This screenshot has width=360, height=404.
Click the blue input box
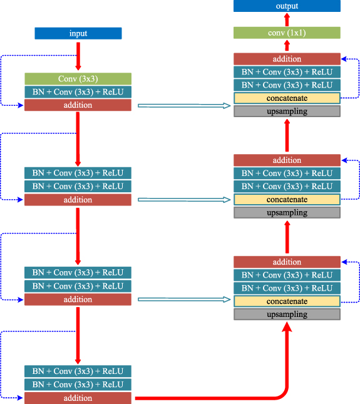78,33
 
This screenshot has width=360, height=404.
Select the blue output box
287,6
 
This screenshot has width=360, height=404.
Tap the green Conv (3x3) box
78,78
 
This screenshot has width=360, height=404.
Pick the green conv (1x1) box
287,33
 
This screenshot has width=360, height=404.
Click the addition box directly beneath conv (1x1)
287,59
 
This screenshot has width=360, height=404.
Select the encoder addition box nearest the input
78,105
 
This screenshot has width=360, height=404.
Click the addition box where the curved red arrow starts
78,398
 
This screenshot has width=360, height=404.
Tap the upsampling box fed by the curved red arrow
287,314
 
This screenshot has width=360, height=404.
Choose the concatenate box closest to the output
287,98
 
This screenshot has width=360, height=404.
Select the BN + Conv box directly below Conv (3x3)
78,91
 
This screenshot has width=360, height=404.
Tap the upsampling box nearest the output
287,111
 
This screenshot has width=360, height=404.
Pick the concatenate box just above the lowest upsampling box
287,301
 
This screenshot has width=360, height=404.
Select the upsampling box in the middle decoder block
287,212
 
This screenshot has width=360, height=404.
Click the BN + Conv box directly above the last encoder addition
78,385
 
